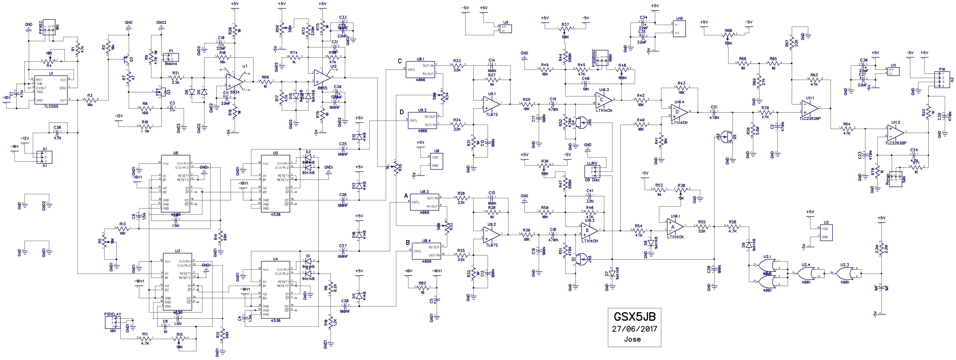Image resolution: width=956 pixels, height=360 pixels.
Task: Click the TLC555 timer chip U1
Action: click(51, 90)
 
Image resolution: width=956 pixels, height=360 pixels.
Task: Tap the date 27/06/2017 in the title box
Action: click(634, 329)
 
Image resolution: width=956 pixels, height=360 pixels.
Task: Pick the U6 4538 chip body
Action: click(175, 184)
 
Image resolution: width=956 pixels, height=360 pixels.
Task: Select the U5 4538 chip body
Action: click(275, 184)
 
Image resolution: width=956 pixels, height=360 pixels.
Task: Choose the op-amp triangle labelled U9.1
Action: click(491, 103)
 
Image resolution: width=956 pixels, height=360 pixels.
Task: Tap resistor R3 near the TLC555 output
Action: click(90, 100)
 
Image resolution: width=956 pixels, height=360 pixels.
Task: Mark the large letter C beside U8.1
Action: click(400, 61)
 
